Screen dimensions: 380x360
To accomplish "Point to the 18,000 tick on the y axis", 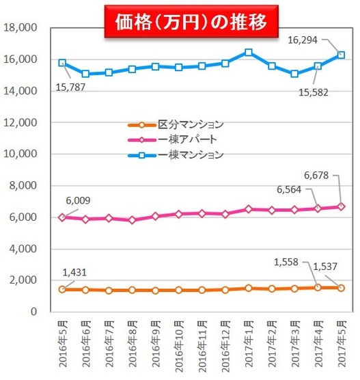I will (21, 28).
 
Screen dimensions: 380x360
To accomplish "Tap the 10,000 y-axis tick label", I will (21, 154).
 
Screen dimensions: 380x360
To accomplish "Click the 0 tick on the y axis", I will (31, 312).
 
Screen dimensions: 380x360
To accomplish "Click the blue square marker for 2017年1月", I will (249, 53).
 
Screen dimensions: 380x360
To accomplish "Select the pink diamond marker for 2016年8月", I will (133, 220).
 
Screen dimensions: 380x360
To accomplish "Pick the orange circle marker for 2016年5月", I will (62, 289).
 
